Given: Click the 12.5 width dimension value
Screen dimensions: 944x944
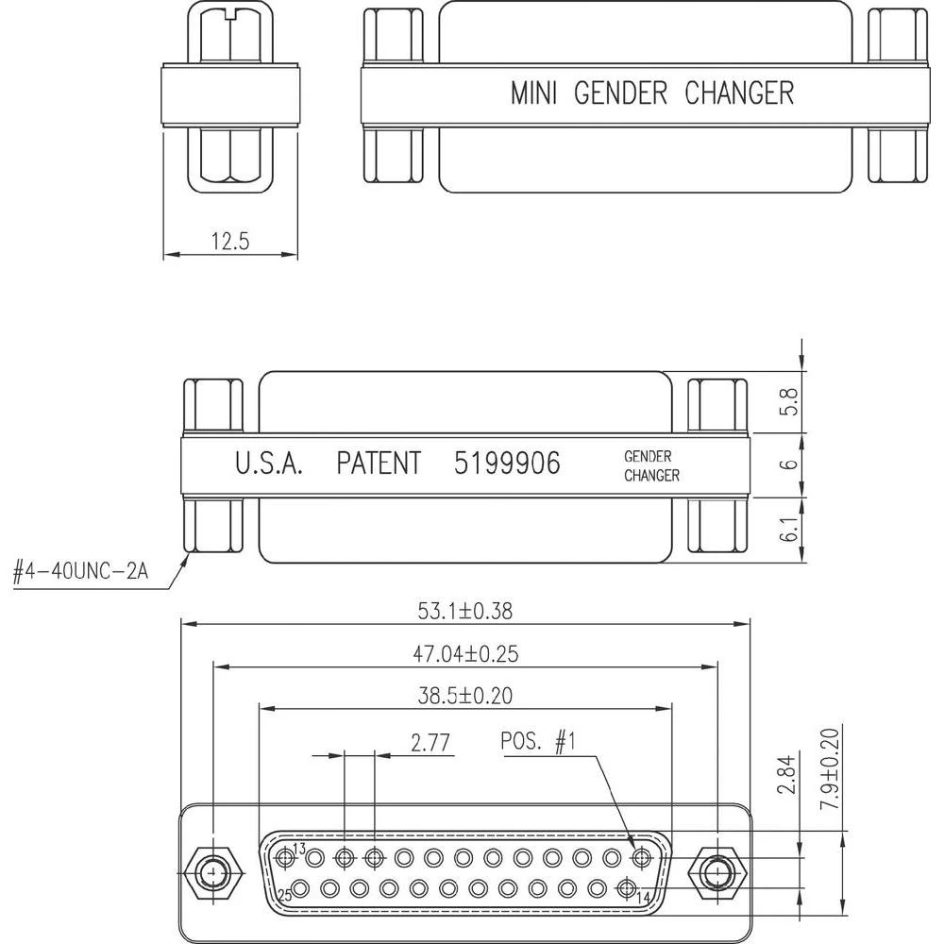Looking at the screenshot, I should coord(229,242).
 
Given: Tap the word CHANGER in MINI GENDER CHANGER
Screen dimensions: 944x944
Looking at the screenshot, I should coord(738,93).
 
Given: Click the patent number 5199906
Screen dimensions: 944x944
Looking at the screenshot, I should coord(506,464).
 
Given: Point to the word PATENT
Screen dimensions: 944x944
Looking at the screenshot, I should coord(378,464).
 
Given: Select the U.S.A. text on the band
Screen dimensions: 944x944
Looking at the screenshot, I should coord(268,464).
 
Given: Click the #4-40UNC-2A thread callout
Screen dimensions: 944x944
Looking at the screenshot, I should coord(80,573).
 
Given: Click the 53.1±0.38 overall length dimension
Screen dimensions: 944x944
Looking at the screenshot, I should coord(464,611).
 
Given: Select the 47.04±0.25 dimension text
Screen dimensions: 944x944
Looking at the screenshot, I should coord(464,653).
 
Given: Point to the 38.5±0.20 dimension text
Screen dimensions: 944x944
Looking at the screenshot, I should coord(464,696).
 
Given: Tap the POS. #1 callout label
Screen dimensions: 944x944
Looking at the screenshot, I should coord(537,743).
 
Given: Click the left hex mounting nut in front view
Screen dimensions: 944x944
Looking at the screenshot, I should coord(215,869).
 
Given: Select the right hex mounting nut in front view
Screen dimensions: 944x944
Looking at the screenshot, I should coord(718,869).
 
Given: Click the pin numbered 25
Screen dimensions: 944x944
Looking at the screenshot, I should coord(300,888).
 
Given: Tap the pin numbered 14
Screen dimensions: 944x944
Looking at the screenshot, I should coord(626,888).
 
